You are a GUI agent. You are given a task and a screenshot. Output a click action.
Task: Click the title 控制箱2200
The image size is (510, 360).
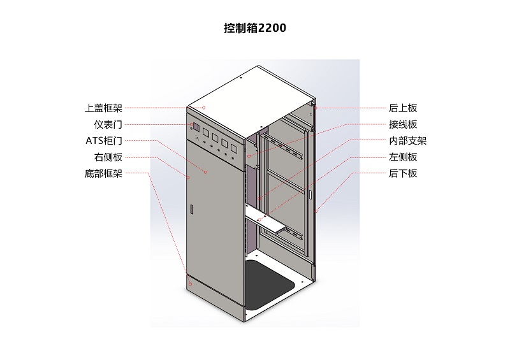pyautogui.click(x=255, y=28)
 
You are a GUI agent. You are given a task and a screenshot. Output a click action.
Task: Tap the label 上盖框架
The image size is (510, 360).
pyautogui.click(x=103, y=108)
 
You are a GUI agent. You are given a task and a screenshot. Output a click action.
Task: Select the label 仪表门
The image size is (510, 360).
pyautogui.click(x=108, y=124)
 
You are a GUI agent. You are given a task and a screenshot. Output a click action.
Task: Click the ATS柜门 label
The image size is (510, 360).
pyautogui.click(x=104, y=141)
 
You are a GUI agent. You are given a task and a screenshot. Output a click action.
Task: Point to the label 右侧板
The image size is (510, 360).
pyautogui.click(x=108, y=157)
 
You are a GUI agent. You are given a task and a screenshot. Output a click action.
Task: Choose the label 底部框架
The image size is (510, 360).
pyautogui.click(x=103, y=174)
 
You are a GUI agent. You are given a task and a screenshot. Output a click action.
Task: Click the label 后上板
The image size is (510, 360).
pyautogui.click(x=403, y=108)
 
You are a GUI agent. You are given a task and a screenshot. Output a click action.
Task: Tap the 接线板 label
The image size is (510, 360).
pyautogui.click(x=403, y=124)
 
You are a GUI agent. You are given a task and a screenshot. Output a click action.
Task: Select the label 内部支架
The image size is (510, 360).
pyautogui.click(x=408, y=141)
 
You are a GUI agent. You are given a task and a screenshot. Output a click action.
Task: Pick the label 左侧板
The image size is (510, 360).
pyautogui.click(x=403, y=157)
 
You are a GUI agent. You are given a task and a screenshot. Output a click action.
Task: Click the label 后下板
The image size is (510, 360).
pyautogui.click(x=403, y=173)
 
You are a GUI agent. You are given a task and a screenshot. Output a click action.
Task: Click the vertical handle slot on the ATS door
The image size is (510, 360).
pyautogui.click(x=192, y=209)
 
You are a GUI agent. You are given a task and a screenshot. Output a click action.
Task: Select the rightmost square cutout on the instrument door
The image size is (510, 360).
pyautogui.click(x=233, y=148)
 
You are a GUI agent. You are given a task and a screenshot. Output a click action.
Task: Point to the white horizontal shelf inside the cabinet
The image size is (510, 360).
pyautogui.click(x=264, y=220)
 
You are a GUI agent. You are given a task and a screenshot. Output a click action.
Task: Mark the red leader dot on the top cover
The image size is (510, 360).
pyautogui.click(x=204, y=108)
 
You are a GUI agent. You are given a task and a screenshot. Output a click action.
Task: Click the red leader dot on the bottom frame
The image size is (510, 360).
pyautogui.click(x=191, y=284)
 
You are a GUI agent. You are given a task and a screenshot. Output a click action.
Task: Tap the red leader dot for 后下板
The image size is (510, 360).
pyautogui.click(x=316, y=212)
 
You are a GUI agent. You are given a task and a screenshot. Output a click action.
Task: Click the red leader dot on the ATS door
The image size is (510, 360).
pyautogui.click(x=205, y=172)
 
